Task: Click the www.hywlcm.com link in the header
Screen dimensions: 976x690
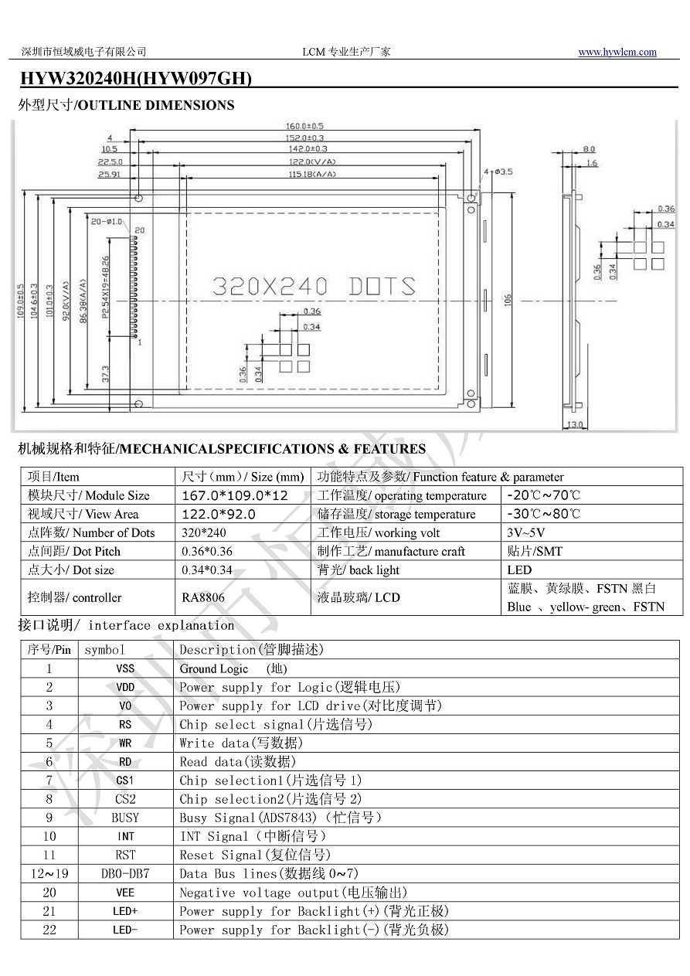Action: (x=617, y=53)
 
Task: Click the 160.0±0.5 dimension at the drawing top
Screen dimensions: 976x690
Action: (x=305, y=125)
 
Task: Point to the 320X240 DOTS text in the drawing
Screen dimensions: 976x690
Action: (x=313, y=287)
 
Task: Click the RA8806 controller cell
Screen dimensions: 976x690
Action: (x=203, y=597)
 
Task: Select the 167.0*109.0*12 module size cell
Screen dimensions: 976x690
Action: (x=234, y=495)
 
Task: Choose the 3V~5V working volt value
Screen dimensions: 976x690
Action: (x=526, y=532)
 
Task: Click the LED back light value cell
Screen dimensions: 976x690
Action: (x=519, y=570)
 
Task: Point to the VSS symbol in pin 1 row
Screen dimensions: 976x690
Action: (x=125, y=668)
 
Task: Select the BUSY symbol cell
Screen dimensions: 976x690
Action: (x=125, y=818)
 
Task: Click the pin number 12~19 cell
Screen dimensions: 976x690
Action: (x=49, y=874)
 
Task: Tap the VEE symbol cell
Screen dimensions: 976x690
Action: (x=125, y=893)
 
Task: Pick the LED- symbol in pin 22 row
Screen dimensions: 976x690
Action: (x=125, y=930)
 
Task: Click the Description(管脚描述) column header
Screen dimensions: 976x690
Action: (x=251, y=650)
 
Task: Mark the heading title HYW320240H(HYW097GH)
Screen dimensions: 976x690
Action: (x=136, y=79)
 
